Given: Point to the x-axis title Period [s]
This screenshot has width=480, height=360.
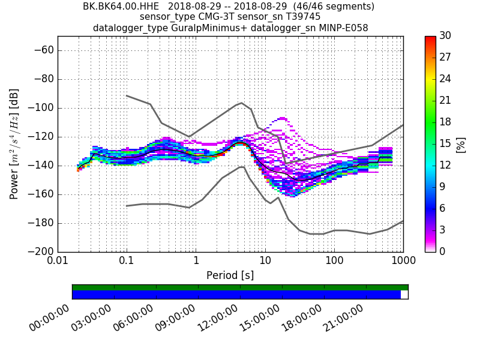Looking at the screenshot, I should pyautogui.click(x=230, y=275).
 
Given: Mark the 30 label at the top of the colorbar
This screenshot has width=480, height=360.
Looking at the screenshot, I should pyautogui.click(x=446, y=36).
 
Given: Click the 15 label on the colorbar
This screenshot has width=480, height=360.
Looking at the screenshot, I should pyautogui.click(x=446, y=143).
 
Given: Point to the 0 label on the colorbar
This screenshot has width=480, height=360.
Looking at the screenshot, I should pyautogui.click(x=443, y=251).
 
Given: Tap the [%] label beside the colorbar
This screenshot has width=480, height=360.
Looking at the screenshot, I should pyautogui.click(x=461, y=144).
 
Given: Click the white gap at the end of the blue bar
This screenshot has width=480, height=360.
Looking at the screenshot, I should pyautogui.click(x=404, y=295).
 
